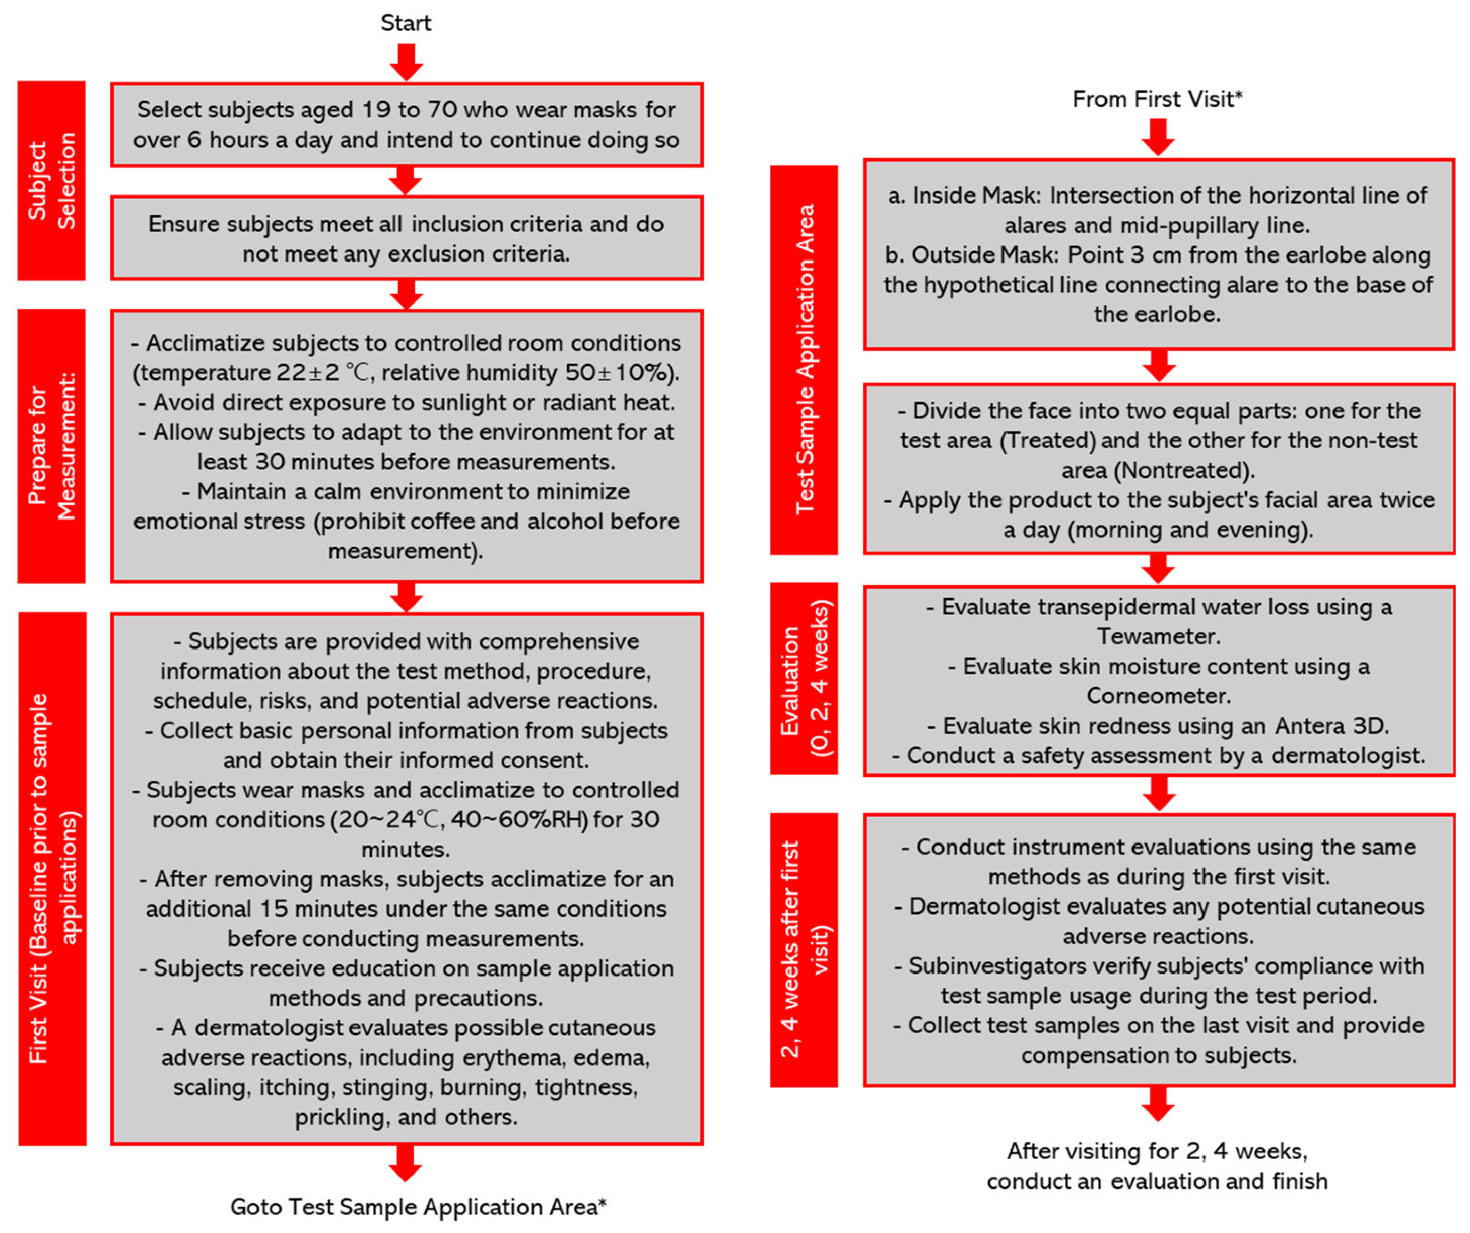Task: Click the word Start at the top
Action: (x=406, y=23)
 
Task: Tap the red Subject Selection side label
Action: (x=51, y=181)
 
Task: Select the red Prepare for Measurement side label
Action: (x=51, y=446)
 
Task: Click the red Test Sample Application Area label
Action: (x=805, y=360)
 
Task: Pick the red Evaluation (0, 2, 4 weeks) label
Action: (x=805, y=678)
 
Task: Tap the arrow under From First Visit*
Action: (x=1158, y=137)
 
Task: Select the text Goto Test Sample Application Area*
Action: (x=418, y=1206)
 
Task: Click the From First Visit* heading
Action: (x=1157, y=99)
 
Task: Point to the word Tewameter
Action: (x=1158, y=636)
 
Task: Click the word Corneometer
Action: (x=1158, y=696)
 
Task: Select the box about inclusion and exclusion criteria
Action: (x=406, y=238)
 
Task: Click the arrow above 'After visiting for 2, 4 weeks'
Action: (x=1158, y=1104)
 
